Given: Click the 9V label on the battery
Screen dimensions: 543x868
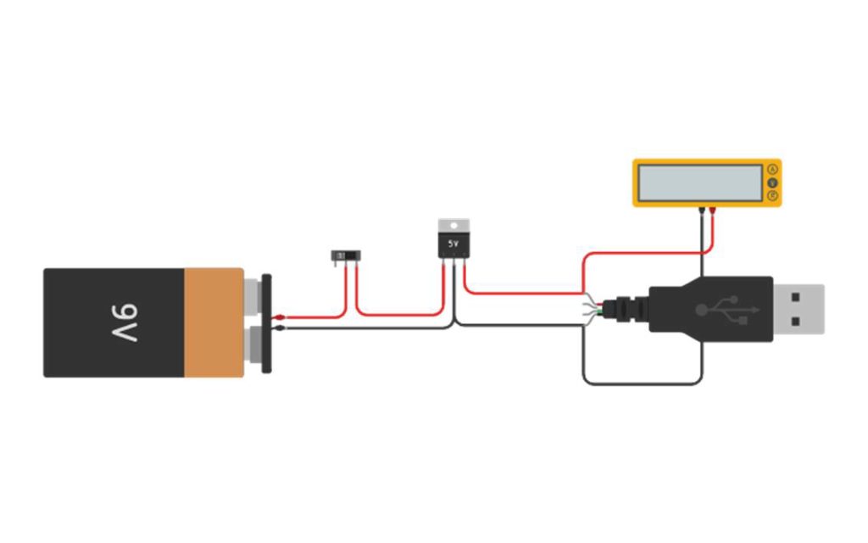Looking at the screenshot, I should click(123, 322).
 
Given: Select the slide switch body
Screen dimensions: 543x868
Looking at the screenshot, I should click(345, 255).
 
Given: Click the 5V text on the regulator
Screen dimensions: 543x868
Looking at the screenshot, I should click(453, 244).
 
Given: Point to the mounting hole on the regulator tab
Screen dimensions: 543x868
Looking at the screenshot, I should click(453, 225).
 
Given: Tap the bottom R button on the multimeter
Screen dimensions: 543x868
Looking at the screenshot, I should click(772, 196).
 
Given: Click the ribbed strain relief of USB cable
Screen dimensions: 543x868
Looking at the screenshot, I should click(628, 309).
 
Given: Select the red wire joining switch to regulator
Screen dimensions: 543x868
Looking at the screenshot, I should click(398, 314).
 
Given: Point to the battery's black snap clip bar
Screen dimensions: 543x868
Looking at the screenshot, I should click(266, 322).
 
